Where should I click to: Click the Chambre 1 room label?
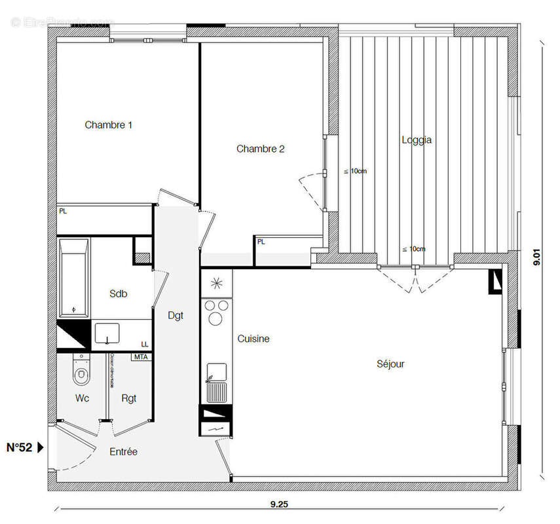tap(109, 124)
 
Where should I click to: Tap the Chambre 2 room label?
tap(260, 149)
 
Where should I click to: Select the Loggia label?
tap(417, 140)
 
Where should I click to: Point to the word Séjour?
tap(390, 364)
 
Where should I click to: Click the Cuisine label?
tap(253, 339)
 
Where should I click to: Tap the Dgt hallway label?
tap(176, 315)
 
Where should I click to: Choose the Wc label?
tap(82, 398)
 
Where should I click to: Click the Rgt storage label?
tap(128, 398)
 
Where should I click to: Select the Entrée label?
tap(123, 452)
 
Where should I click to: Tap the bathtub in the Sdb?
tap(73, 277)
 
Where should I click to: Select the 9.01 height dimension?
tap(537, 255)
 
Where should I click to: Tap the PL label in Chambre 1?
tap(63, 212)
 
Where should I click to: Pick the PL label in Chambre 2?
tap(261, 242)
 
